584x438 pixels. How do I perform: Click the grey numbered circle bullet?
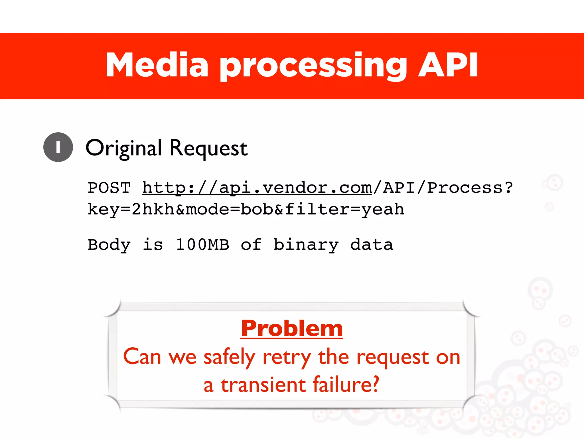(x=58, y=147)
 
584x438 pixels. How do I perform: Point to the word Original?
(x=124, y=148)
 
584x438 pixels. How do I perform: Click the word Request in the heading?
(x=208, y=148)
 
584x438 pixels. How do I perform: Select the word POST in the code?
(x=109, y=188)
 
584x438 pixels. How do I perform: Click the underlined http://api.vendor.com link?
(x=257, y=188)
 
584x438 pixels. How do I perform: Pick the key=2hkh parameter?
(x=131, y=209)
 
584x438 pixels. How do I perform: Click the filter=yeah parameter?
(x=344, y=209)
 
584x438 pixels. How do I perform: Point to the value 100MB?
(x=202, y=245)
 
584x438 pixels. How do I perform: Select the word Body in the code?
(x=109, y=245)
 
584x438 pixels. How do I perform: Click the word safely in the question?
(x=229, y=357)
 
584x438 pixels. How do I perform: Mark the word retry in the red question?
(x=287, y=357)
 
